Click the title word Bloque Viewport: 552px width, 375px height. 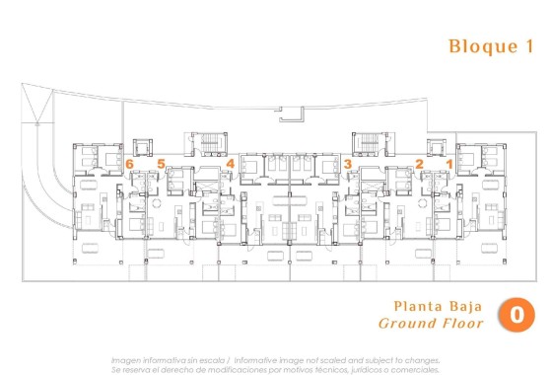click(x=478, y=46)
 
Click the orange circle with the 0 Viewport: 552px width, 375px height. click(x=517, y=315)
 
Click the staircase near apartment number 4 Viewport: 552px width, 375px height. click(x=209, y=144)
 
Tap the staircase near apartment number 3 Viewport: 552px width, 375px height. click(x=369, y=144)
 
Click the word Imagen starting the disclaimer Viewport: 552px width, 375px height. click(x=126, y=359)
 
